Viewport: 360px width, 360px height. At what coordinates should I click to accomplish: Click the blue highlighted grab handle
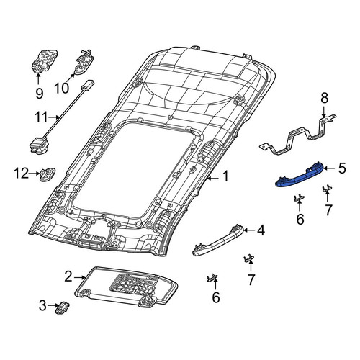pos(300,176)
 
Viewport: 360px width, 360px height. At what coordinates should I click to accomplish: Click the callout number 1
pos(225,176)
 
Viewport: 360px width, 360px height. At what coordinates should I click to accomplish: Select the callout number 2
pos(68,277)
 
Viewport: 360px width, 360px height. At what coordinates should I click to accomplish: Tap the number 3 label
pos(42,306)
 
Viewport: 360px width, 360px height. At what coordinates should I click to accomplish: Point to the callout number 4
pos(261,230)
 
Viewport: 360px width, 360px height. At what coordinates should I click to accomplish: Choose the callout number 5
pos(342,168)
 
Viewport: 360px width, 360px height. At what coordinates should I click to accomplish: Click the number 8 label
pos(325,98)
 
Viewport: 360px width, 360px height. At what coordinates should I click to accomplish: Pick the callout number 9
pos(40,93)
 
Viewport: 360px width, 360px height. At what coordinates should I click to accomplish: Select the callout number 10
pos(62,88)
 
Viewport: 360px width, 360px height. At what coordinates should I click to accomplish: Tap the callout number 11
pos(42,117)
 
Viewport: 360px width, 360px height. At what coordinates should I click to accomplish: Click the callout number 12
pos(21,174)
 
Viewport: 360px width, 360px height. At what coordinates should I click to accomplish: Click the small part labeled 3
pos(62,307)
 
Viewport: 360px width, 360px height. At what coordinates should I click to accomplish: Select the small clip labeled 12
pos(48,174)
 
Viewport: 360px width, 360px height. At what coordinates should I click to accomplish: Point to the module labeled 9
pos(45,61)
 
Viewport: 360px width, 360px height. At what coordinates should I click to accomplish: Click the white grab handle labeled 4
pos(218,240)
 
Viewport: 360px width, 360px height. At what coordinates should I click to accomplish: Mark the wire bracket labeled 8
pos(297,135)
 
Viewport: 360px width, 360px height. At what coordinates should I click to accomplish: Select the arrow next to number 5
pos(330,168)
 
